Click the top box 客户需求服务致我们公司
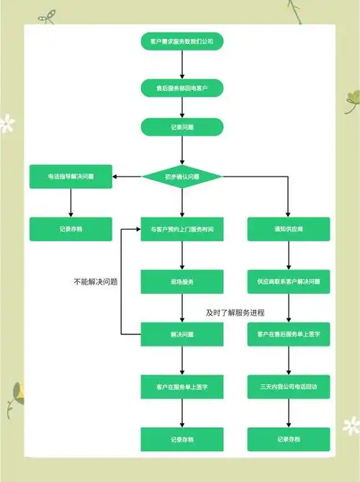click(x=181, y=42)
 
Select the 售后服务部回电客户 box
click(x=181, y=87)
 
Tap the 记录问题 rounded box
click(x=181, y=127)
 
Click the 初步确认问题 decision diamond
click(x=181, y=176)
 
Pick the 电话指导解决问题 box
click(x=71, y=177)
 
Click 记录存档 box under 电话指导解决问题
click(x=71, y=229)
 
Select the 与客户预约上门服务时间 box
click(x=181, y=229)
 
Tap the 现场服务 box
click(x=181, y=282)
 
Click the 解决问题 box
click(x=181, y=334)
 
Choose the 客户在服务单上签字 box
click(x=181, y=387)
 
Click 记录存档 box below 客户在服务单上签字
click(x=181, y=439)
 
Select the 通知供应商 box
click(x=289, y=229)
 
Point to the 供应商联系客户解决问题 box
click(x=289, y=282)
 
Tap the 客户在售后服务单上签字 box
click(x=289, y=334)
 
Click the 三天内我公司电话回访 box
click(x=289, y=387)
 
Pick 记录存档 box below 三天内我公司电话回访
click(x=289, y=439)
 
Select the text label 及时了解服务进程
click(x=235, y=313)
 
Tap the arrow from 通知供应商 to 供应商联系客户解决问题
click(x=289, y=255)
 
